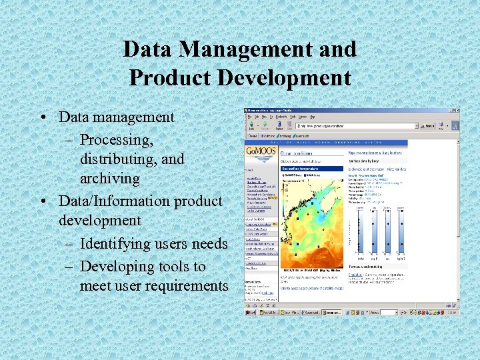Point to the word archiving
[110, 179]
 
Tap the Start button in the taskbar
[251, 312]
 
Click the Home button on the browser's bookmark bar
[251, 135]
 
